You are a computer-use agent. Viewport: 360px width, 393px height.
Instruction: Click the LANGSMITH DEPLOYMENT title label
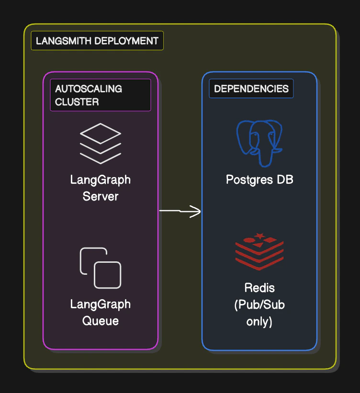[97, 41]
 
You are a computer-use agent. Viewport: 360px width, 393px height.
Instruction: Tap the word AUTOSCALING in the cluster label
[89, 89]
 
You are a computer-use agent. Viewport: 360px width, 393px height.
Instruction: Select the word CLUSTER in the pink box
[77, 102]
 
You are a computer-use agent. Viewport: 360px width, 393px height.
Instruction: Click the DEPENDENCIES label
[251, 89]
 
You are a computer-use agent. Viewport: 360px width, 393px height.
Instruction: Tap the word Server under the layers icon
[100, 196]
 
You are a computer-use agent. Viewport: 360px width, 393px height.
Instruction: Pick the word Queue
[100, 321]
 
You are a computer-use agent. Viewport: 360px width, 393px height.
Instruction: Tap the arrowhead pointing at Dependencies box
[196, 211]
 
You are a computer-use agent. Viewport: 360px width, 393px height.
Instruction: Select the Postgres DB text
[259, 180]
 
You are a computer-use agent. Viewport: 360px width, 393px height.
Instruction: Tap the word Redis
[259, 288]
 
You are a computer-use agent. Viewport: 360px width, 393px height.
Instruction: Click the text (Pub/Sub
[259, 305]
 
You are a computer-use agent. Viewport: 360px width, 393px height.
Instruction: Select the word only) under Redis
[259, 322]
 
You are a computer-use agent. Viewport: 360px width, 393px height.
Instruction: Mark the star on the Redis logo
[260, 236]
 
